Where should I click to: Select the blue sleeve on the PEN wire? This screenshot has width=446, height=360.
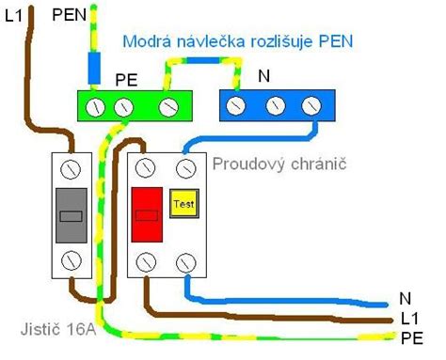pyautogui.click(x=93, y=67)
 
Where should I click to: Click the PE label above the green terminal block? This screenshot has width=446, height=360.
pyautogui.click(x=125, y=81)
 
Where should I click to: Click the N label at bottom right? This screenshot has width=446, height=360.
pyautogui.click(x=406, y=297)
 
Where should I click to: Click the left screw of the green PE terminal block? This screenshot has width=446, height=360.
pyautogui.click(x=96, y=107)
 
